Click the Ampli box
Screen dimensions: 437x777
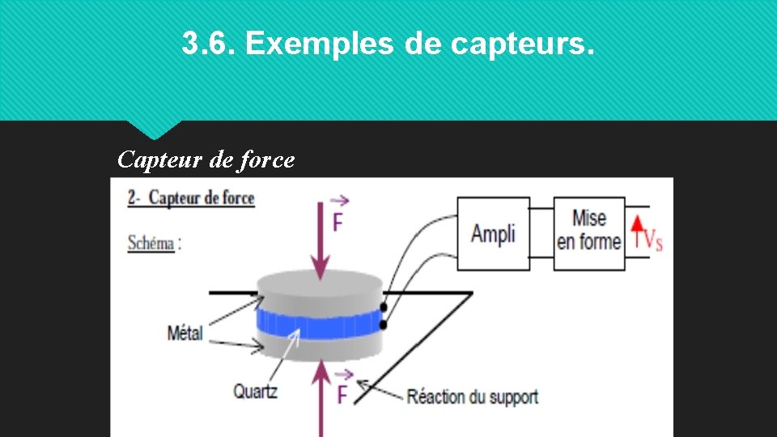[x=493, y=234]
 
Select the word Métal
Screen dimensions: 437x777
[x=185, y=333]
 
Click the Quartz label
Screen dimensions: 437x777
[x=256, y=392]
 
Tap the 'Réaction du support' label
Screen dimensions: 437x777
[x=472, y=397]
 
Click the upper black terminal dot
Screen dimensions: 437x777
[x=384, y=308]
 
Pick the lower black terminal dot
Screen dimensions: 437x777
[x=384, y=325]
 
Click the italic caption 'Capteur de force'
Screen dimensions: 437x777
[x=206, y=159]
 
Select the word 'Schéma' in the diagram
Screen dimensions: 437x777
[x=151, y=242]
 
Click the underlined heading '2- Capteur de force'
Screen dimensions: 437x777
[x=191, y=198]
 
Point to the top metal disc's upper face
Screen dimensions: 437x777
[x=319, y=284]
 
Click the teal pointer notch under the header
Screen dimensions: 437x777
[x=154, y=129]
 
